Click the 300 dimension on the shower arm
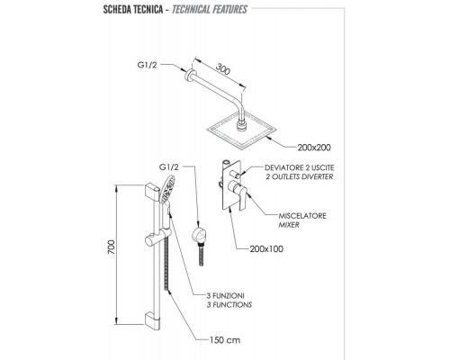pyautogui.click(x=223, y=69)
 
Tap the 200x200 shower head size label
pyautogui.click(x=314, y=148)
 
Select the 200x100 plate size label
pyautogui.click(x=266, y=249)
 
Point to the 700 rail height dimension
pyautogui.click(x=112, y=247)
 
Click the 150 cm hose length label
pyautogui.click(x=225, y=340)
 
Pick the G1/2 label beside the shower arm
pyautogui.click(x=147, y=65)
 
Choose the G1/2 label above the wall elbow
pyautogui.click(x=169, y=167)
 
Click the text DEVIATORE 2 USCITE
pyautogui.click(x=300, y=167)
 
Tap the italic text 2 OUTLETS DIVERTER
pyautogui.click(x=300, y=176)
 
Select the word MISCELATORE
pyautogui.click(x=302, y=216)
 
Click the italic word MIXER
pyautogui.click(x=289, y=225)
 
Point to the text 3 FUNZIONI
pyautogui.click(x=225, y=296)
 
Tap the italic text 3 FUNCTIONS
pyautogui.click(x=229, y=305)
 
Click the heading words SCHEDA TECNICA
pyautogui.click(x=133, y=9)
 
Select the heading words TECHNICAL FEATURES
pyautogui.click(x=210, y=9)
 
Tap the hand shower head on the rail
pyautogui.click(x=167, y=190)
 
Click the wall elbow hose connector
pyautogui.click(x=199, y=237)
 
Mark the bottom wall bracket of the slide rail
pyautogui.click(x=152, y=319)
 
